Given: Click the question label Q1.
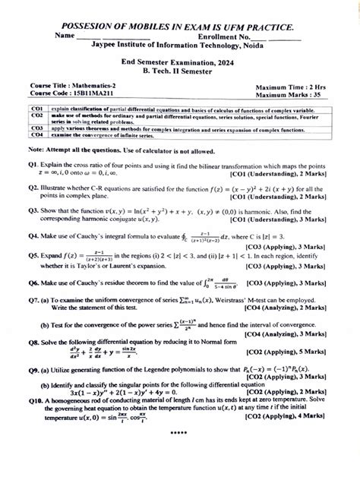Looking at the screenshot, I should [33, 165].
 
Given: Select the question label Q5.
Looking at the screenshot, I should [33, 257].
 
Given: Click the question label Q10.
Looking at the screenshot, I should [35, 422].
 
